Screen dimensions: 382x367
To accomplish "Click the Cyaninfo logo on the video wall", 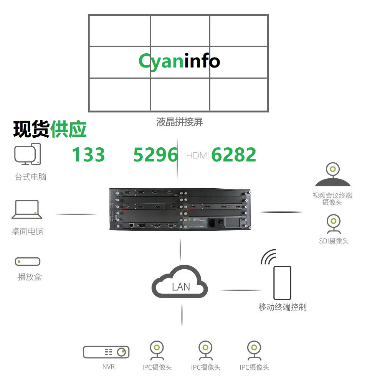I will click(179, 61).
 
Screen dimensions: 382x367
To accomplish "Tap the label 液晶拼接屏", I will click(179, 122).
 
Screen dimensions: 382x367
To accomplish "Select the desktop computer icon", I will click(28, 154).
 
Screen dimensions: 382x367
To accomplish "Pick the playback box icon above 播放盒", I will click(28, 262).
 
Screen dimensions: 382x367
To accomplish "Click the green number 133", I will click(88, 155).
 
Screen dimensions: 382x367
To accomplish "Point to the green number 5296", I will click(155, 155).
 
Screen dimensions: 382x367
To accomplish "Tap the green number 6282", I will click(234, 155).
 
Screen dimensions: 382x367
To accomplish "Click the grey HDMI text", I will click(197, 155).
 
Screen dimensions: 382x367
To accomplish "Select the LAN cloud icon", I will click(180, 283).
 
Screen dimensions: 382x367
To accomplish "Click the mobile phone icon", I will click(282, 283).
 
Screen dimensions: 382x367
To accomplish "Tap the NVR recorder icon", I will click(106, 352).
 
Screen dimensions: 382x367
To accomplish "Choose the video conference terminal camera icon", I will click(332, 175).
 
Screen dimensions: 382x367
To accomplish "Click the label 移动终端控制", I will click(282, 307).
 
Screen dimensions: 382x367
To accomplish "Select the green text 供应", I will click(68, 129).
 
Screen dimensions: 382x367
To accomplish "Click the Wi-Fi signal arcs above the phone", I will click(269, 257).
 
